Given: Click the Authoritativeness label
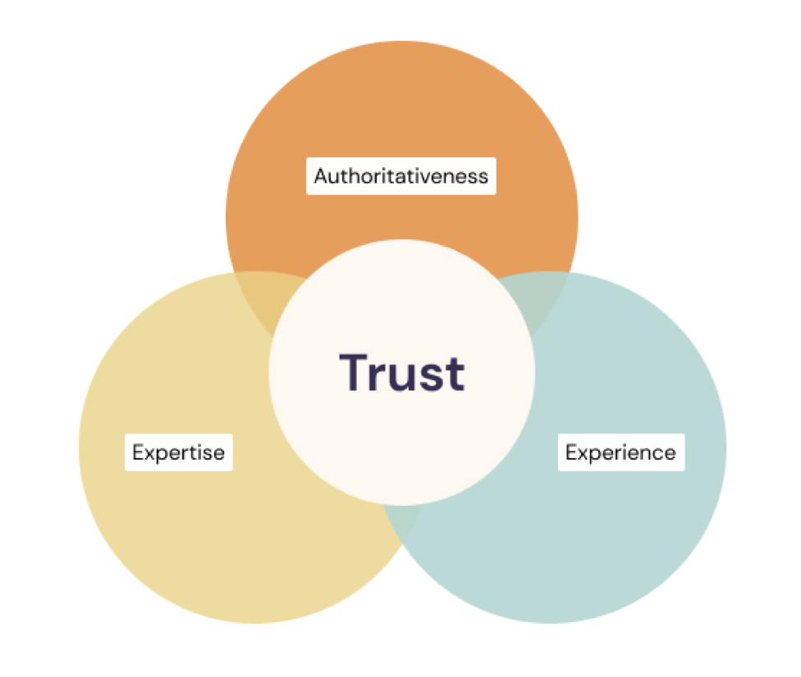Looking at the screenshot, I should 401,175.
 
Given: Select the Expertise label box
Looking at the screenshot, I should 179,452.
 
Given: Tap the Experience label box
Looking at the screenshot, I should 620,452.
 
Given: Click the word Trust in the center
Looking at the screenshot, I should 402,373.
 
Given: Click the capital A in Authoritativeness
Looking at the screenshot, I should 321,175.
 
